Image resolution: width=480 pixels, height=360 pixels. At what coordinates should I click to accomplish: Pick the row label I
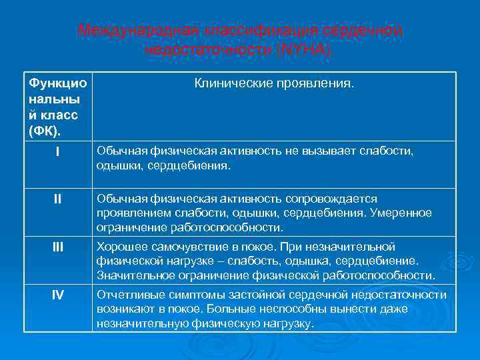coord(58,152)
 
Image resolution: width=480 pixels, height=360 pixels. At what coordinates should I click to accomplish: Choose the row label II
coord(58,199)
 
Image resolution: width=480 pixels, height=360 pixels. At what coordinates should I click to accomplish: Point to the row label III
coord(58,247)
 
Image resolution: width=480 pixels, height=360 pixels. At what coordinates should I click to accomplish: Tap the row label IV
coord(58,295)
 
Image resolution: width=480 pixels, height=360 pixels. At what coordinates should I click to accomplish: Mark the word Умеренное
coord(400,213)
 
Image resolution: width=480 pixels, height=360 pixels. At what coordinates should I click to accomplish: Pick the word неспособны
coord(289,309)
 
